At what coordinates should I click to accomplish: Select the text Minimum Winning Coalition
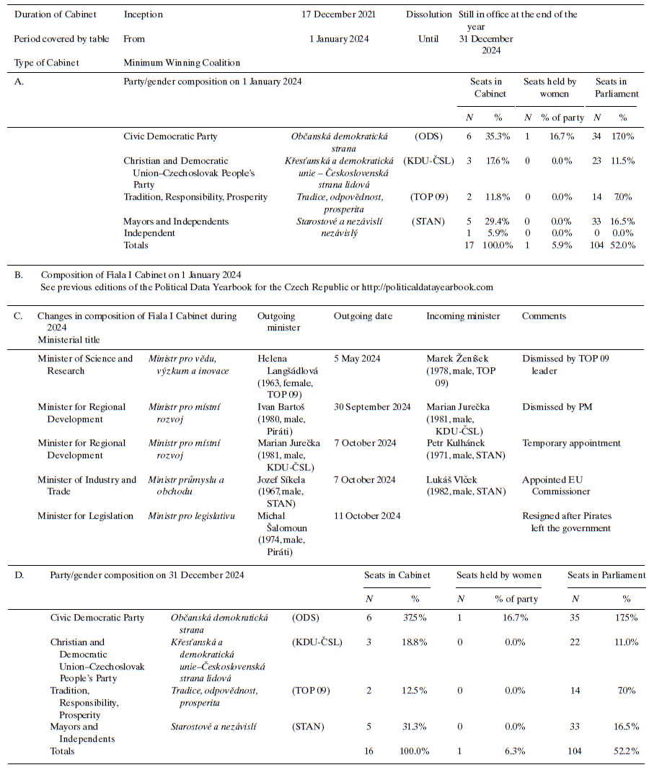tap(182, 63)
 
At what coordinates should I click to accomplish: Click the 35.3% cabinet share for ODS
tap(497, 136)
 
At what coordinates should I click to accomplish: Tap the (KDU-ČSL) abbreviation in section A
tap(428, 161)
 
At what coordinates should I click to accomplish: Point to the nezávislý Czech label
tap(340, 233)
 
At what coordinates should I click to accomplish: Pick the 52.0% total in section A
tap(623, 245)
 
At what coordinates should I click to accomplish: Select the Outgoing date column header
tap(361, 316)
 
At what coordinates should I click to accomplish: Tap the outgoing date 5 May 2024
tap(357, 359)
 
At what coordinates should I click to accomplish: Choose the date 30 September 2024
tap(372, 407)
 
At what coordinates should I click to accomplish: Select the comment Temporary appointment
tap(571, 443)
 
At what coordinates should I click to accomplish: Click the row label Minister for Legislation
tap(86, 516)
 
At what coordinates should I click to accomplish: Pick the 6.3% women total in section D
tap(515, 751)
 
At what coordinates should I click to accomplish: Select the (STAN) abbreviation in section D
tap(308, 727)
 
